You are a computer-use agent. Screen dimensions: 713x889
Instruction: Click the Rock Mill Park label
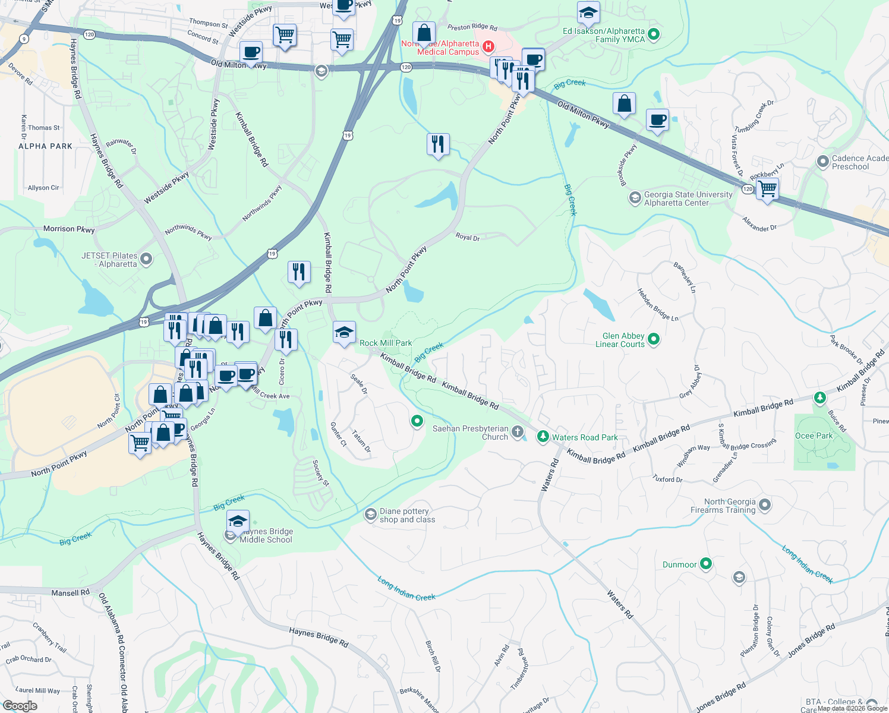click(x=386, y=343)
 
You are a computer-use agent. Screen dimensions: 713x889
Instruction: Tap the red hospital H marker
click(x=488, y=46)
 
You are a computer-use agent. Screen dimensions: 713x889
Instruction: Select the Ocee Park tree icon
click(x=820, y=397)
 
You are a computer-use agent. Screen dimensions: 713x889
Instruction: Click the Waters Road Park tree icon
click(x=543, y=437)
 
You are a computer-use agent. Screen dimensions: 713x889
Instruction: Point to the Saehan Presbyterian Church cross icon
click(x=518, y=431)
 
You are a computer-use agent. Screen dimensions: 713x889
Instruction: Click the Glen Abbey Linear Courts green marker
click(x=654, y=339)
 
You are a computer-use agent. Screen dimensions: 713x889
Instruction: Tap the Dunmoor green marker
click(x=705, y=563)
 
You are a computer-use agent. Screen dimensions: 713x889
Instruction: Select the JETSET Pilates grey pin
click(x=146, y=259)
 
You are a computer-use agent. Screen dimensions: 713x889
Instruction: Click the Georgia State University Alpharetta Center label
click(x=688, y=198)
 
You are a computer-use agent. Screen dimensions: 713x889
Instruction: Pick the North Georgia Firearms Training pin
click(x=765, y=505)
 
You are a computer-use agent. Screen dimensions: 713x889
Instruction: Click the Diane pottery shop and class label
click(x=407, y=515)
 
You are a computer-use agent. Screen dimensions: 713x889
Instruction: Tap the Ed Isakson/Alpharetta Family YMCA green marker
click(x=654, y=34)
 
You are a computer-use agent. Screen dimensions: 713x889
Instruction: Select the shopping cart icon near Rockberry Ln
click(x=767, y=189)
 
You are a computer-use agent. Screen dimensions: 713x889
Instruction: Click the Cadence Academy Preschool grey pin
click(x=822, y=161)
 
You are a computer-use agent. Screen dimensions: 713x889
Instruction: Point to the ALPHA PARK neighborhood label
click(x=45, y=146)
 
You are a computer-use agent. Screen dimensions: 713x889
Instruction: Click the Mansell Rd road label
click(x=70, y=592)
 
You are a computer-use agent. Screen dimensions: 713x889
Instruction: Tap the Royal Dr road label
click(x=467, y=237)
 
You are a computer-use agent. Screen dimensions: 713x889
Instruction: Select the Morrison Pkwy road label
click(x=69, y=229)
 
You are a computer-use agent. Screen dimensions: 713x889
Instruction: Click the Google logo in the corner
click(x=20, y=706)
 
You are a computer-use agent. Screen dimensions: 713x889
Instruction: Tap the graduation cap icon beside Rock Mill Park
click(x=344, y=333)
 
